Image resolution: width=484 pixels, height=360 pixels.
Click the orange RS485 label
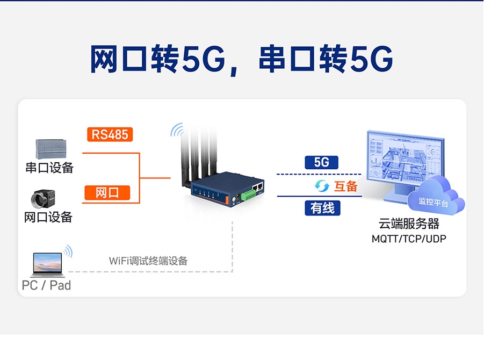(110, 134)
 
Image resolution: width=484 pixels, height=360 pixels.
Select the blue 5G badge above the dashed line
(321, 162)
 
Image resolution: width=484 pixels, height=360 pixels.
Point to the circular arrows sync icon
(321, 186)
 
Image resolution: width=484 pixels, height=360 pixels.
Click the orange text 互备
(345, 186)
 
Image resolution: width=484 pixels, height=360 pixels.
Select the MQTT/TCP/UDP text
(409, 238)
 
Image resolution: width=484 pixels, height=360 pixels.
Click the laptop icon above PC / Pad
(47, 264)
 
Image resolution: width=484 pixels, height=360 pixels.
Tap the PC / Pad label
(46, 285)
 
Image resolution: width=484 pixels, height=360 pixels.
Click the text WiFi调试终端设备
(148, 261)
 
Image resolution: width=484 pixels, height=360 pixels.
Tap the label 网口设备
(48, 217)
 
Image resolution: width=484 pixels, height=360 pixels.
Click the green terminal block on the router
(248, 194)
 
